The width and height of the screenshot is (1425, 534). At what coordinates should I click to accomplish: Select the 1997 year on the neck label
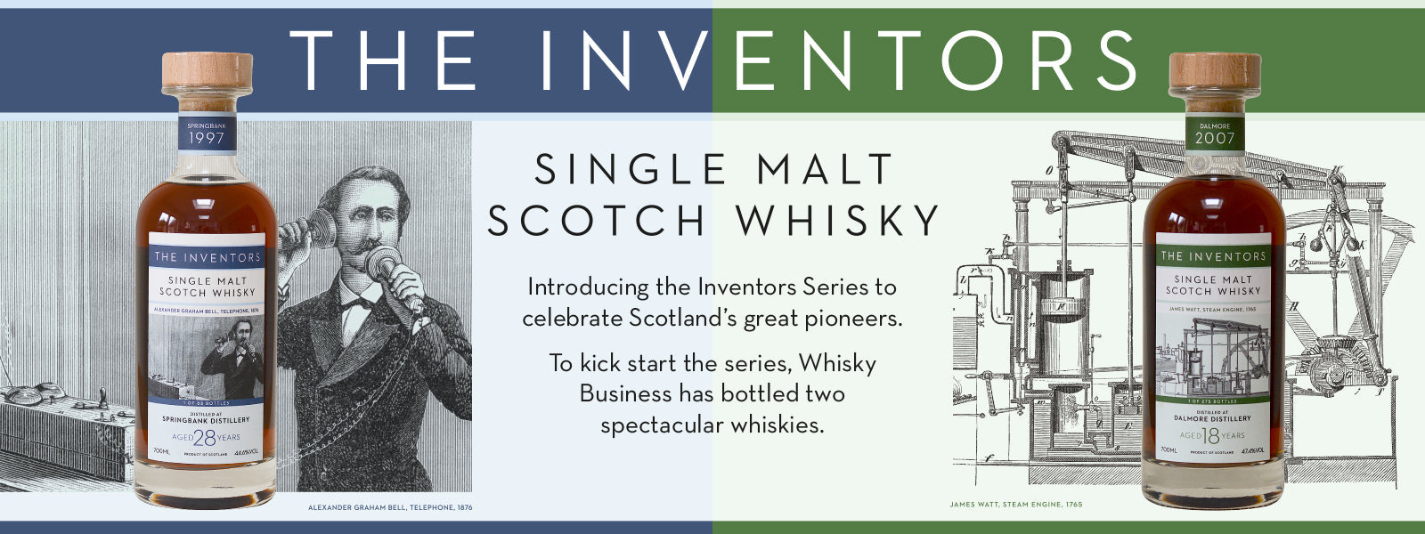coord(206,139)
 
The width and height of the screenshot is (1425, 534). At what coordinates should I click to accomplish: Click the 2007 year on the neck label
coord(1215,139)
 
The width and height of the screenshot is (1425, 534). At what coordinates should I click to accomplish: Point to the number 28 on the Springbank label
coord(205,437)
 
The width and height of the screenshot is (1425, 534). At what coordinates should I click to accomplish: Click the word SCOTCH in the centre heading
coord(597,221)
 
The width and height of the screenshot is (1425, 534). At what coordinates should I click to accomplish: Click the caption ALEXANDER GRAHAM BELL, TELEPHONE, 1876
coord(390,507)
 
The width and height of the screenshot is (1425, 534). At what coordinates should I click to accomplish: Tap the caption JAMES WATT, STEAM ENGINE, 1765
coord(1015,505)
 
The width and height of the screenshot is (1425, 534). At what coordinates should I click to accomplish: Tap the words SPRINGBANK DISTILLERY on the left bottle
coord(206,419)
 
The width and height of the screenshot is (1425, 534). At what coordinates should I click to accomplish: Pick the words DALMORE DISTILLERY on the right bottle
coord(1213,418)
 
